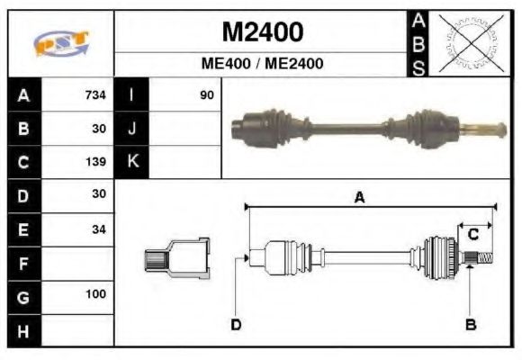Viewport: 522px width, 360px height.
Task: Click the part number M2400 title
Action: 262,31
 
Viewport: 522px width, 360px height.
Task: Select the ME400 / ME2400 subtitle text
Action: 262,64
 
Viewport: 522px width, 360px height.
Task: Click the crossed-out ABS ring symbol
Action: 469,42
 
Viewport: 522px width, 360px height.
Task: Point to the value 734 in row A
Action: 94,94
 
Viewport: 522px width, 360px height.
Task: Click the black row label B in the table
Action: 23,129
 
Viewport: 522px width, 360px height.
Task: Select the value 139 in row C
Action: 94,162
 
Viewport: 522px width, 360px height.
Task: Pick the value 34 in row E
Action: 98,229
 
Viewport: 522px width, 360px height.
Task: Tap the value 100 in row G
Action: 95,294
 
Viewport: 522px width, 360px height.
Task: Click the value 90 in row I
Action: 206,94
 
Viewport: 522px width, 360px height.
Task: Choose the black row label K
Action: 131,162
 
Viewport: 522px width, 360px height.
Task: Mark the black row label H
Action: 23,329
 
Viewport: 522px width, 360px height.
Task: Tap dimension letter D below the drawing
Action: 236,324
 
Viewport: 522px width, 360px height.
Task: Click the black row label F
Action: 23,263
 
